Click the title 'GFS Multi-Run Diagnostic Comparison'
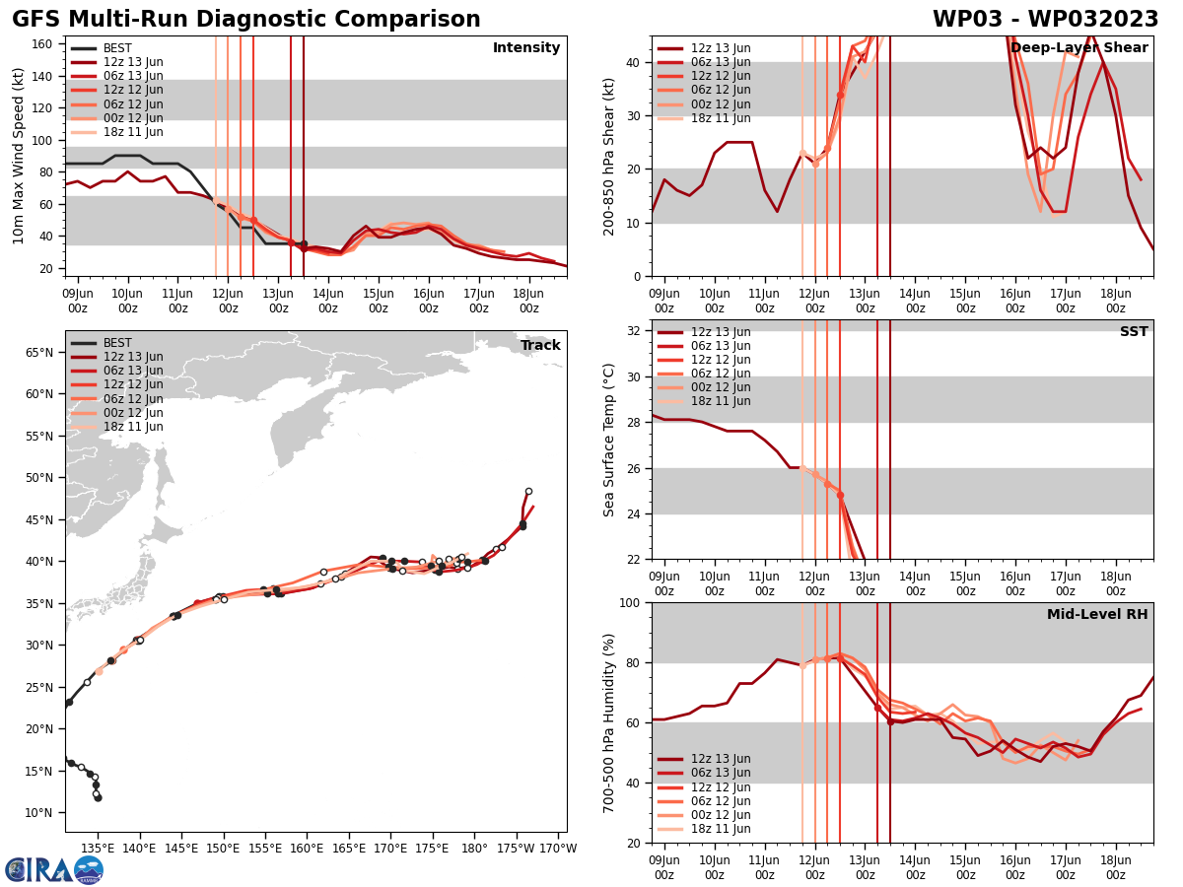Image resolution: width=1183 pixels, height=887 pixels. pos(246,20)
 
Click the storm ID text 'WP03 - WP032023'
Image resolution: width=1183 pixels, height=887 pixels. pos(1045,20)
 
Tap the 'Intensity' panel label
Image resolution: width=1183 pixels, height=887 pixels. pos(526,48)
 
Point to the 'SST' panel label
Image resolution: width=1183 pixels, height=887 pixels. pos(1134,332)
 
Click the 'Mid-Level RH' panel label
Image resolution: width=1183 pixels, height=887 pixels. pos(1097,615)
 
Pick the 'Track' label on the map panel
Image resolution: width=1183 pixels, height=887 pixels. pos(540,346)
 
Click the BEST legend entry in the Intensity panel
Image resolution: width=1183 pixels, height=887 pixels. pos(116,48)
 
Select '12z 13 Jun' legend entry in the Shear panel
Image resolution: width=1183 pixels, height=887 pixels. pos(720,48)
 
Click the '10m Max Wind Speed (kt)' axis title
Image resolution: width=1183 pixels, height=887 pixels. pos(18,156)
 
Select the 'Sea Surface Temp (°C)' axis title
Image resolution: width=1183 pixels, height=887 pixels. pos(609,440)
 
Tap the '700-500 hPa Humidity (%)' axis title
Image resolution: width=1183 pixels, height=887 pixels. pos(609,722)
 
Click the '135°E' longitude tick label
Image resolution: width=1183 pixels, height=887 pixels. pos(98,848)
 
